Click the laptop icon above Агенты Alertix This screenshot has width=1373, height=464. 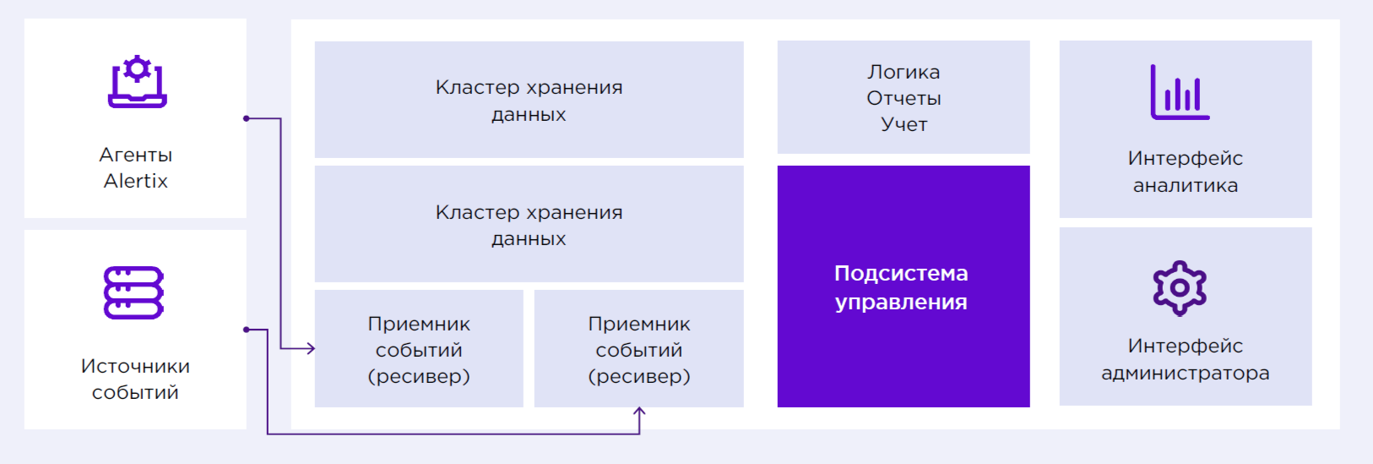pos(138,82)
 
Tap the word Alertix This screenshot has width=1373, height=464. pos(135,181)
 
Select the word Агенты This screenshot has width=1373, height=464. pos(135,156)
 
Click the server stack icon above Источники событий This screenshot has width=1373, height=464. pos(133,292)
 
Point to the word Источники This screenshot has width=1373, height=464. pos(135,367)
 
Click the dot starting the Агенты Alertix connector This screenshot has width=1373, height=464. pos(247,118)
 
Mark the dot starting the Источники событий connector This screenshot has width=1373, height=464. pos(247,330)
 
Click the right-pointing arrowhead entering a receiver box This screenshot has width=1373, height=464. pos(311,348)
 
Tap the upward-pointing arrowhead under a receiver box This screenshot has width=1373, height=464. pos(639,412)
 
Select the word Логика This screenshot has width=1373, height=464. pos(904,73)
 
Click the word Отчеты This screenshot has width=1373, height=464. pos(904,98)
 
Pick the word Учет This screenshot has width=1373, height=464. pos(904,124)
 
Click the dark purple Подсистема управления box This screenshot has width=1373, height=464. pos(904,286)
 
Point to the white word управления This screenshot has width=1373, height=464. pos(901,303)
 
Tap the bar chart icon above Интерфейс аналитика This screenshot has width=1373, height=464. pos(1180,92)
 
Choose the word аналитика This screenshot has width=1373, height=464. pos(1186,185)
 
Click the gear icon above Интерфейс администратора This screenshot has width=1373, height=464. pos(1180,288)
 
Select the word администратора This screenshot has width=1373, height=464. pos(1186,374)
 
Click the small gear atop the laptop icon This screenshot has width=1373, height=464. pos(138,68)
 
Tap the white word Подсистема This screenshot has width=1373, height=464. pos(901,274)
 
